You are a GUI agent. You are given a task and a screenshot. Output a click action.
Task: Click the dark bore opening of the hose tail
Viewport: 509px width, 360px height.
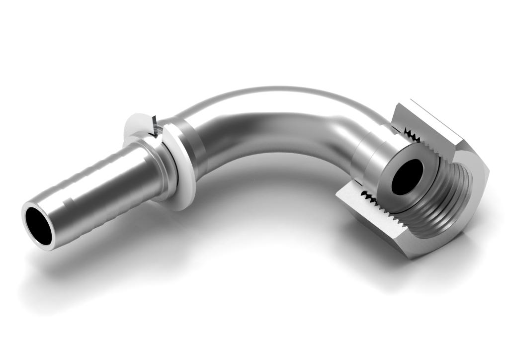[x=38, y=225]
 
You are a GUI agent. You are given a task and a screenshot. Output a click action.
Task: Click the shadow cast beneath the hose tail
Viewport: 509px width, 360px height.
[x=124, y=259]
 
